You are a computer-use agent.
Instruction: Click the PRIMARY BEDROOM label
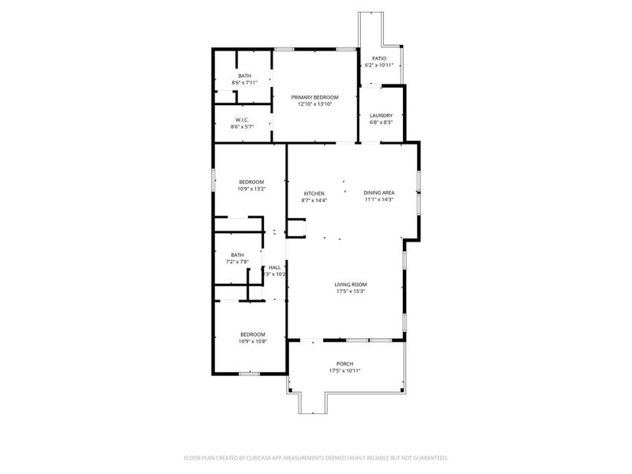click(319, 97)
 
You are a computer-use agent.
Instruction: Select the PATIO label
click(379, 58)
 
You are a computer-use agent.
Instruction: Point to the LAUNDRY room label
click(381, 115)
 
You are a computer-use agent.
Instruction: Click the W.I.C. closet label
click(242, 119)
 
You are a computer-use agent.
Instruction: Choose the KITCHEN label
click(314, 194)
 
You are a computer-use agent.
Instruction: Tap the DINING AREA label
click(378, 194)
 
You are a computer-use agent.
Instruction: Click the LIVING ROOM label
click(351, 284)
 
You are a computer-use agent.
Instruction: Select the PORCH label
click(344, 363)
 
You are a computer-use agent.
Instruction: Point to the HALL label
click(275, 268)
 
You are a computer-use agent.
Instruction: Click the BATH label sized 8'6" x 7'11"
click(245, 76)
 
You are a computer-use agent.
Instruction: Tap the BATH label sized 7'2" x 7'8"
click(238, 254)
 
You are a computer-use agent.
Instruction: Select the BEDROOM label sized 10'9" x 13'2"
click(252, 182)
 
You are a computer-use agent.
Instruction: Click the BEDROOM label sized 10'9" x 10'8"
click(252, 334)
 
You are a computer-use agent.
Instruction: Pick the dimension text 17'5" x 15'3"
click(351, 292)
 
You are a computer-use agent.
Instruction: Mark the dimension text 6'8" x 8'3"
click(381, 122)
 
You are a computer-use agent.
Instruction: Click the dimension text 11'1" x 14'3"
click(378, 200)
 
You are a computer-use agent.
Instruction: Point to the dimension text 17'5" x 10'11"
click(344, 371)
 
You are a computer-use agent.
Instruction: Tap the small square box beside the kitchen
click(296, 228)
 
